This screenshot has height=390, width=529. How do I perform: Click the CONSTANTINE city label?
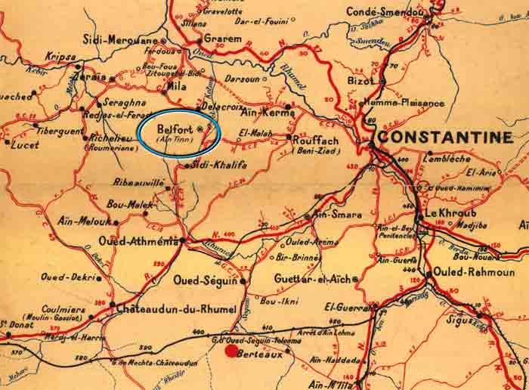coord(445,137)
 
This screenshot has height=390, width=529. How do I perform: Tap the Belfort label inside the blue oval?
coord(173,128)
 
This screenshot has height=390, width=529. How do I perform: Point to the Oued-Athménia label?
coord(139,241)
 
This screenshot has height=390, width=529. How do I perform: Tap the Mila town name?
coord(175,87)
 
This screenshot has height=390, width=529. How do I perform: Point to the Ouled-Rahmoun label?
coord(475,271)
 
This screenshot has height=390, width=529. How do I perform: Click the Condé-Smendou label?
coord(385,11)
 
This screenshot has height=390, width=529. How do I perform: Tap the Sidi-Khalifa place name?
coord(220,164)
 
